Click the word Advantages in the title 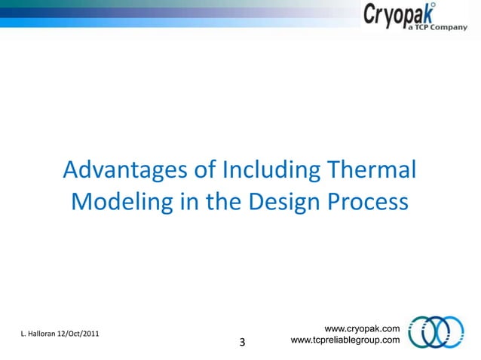(x=126, y=170)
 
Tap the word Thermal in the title (x=373, y=170)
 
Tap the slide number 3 (x=242, y=343)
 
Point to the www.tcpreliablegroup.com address (x=345, y=341)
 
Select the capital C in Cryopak (x=372, y=15)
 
